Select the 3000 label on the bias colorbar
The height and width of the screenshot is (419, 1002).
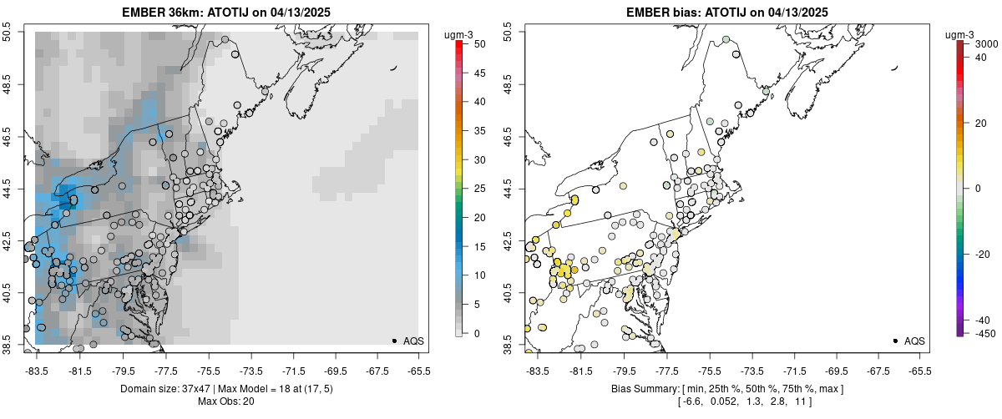pyautogui.click(x=988, y=43)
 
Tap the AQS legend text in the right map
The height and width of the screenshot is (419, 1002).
pyautogui.click(x=914, y=341)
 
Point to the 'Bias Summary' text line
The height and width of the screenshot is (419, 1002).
pyautogui.click(x=718, y=389)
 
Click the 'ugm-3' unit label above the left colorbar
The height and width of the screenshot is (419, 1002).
pyautogui.click(x=458, y=34)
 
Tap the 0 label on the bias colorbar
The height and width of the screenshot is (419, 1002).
pyautogui.click(x=977, y=189)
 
